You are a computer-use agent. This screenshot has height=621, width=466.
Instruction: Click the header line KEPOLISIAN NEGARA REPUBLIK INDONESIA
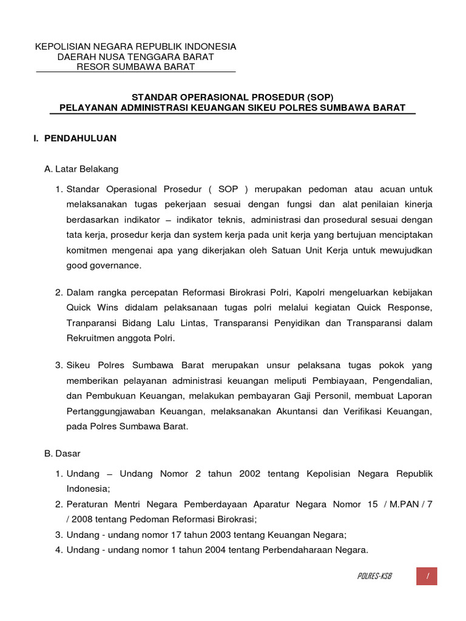coord(135,47)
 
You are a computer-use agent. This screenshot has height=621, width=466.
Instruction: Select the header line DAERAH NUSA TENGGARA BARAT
coord(135,57)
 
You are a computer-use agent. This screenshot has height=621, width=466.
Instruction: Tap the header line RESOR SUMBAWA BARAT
coord(135,67)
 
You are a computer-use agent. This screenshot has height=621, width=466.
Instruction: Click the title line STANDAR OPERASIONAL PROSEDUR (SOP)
coord(233,97)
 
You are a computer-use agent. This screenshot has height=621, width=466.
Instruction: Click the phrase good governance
coord(103,265)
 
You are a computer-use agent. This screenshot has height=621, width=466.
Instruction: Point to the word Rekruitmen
coord(90,338)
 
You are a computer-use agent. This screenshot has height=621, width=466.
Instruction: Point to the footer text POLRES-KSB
coord(374,576)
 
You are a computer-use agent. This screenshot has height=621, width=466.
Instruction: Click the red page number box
coord(427,576)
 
